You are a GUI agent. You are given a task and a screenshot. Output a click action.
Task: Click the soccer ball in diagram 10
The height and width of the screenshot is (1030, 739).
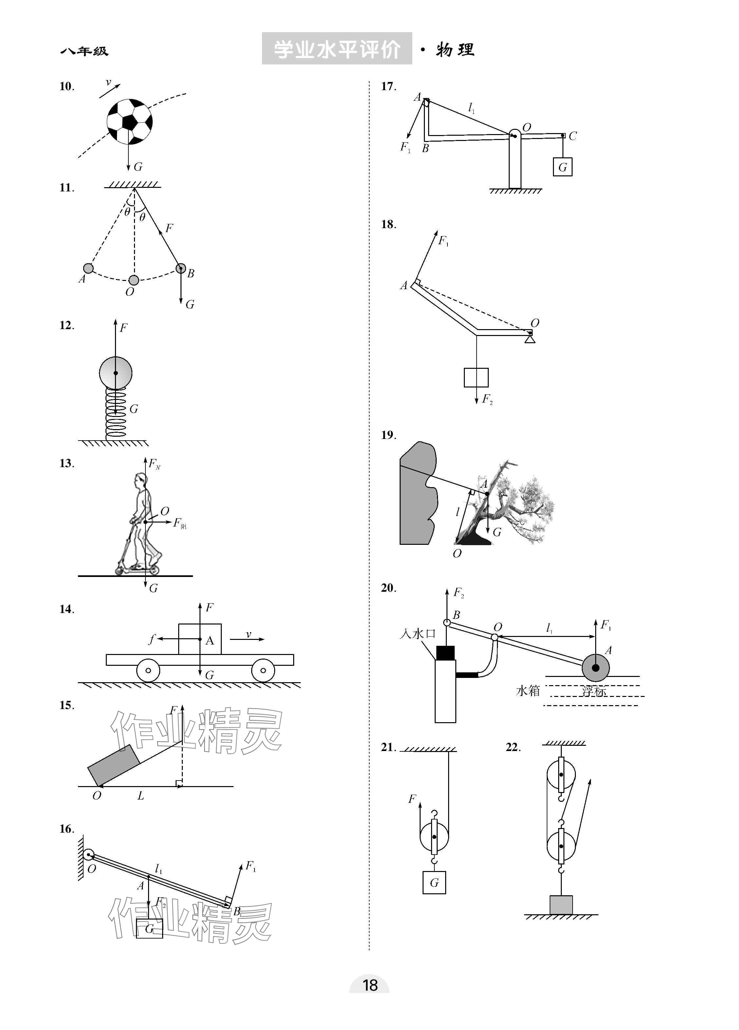point(129,122)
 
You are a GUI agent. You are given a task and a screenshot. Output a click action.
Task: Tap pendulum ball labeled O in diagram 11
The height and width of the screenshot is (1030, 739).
point(133,280)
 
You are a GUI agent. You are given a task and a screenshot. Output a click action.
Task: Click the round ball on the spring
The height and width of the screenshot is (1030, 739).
point(116,373)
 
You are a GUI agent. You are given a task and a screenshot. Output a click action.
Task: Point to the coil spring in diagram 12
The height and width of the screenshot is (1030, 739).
point(116,413)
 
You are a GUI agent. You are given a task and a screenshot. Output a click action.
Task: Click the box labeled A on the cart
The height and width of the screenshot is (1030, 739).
point(200,639)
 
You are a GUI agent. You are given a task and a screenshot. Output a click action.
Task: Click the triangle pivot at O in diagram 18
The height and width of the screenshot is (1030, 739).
point(530,339)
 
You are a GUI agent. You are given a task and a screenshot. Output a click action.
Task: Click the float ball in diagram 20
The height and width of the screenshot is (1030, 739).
point(596,667)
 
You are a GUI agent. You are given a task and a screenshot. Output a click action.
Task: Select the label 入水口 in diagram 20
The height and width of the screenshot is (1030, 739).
point(417,634)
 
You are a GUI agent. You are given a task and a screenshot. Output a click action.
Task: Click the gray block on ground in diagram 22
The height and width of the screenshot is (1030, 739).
point(561,905)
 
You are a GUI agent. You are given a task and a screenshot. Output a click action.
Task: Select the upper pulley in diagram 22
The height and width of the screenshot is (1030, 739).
point(561,775)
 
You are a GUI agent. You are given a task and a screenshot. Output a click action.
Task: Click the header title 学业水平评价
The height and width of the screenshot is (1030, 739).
point(337,49)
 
